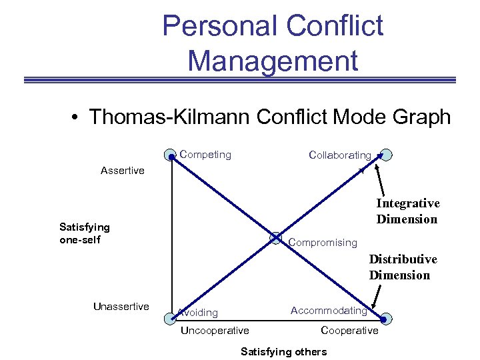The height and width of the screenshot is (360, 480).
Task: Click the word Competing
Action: tap(205, 155)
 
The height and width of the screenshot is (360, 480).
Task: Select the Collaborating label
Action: tap(340, 155)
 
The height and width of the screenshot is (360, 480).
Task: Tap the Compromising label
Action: tap(323, 243)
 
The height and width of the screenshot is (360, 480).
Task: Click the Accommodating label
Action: tap(329, 311)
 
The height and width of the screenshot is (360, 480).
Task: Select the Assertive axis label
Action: tap(122, 171)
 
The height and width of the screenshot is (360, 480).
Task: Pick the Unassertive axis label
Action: tap(121, 307)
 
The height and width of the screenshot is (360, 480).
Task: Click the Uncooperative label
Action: tap(215, 331)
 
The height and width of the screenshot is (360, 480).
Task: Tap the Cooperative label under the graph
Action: tap(349, 331)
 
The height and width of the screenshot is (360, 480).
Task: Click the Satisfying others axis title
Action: tap(283, 351)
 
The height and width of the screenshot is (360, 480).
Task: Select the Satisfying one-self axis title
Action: tap(85, 233)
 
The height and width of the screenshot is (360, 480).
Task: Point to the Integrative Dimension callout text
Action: tap(407, 211)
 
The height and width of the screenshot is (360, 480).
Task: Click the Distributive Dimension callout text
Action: tap(403, 267)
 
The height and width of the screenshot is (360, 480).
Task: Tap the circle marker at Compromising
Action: tap(276, 237)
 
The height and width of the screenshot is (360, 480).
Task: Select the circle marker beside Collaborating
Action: tap(385, 155)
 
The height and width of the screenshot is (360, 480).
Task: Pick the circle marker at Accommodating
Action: tap(387, 317)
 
